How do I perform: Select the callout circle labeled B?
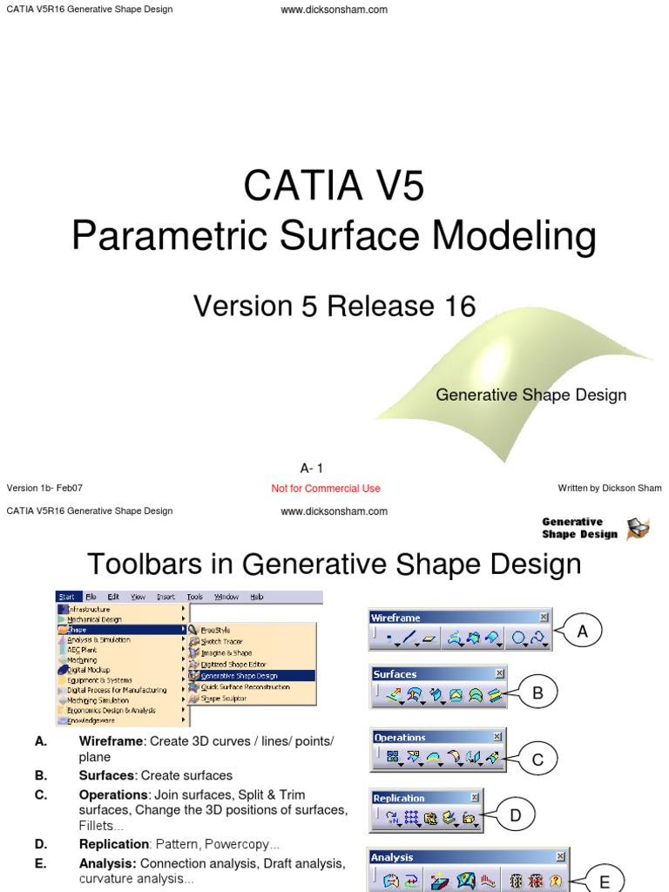[x=537, y=693]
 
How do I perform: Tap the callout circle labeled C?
[x=537, y=760]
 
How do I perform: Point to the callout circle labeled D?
[x=515, y=815]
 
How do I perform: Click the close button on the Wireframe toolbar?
[x=544, y=617]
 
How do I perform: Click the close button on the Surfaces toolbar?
[x=499, y=673]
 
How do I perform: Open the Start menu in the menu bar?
[x=66, y=597]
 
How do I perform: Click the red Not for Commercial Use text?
[x=326, y=489]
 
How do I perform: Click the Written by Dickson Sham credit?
[x=610, y=489]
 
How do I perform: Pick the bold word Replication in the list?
[x=114, y=844]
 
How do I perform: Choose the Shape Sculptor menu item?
[x=224, y=698]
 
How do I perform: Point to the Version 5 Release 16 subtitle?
[x=334, y=306]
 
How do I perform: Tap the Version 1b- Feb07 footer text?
[x=44, y=489]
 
